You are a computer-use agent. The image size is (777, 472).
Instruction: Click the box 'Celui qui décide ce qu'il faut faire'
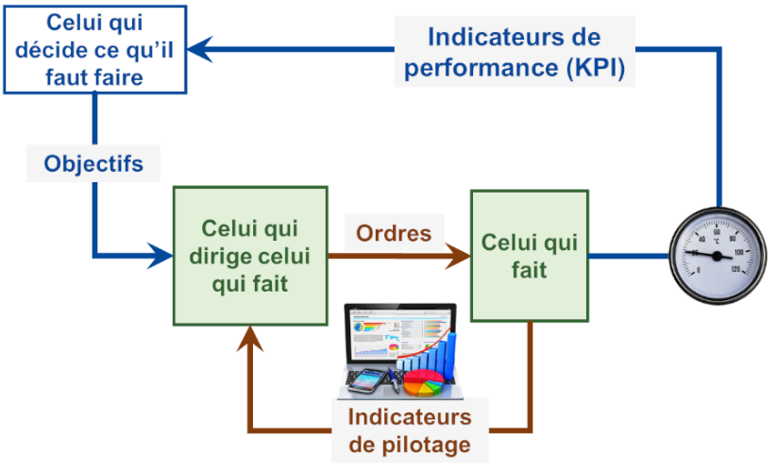click(x=95, y=49)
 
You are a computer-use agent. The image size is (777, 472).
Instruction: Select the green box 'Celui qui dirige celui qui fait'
click(x=250, y=256)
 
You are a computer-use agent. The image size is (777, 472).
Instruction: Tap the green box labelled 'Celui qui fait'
click(x=530, y=256)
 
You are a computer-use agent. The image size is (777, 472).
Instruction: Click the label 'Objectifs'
click(x=93, y=163)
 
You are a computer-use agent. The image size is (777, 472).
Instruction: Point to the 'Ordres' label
click(x=394, y=233)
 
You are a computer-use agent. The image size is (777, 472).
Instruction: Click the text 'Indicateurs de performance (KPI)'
click(x=515, y=52)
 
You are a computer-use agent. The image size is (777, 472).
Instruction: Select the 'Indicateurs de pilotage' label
click(x=410, y=430)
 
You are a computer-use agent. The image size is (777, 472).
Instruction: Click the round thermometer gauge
click(x=718, y=256)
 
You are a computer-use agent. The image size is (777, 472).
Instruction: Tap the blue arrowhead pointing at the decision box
click(x=200, y=49)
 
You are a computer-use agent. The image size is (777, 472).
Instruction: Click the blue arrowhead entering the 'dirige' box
click(x=160, y=256)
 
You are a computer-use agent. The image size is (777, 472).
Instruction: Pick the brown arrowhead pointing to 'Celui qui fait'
click(x=457, y=256)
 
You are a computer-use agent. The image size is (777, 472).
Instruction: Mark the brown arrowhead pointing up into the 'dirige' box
click(x=250, y=338)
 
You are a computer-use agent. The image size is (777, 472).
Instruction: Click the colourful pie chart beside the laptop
click(x=424, y=383)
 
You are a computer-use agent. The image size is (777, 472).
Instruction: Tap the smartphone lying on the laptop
click(x=366, y=380)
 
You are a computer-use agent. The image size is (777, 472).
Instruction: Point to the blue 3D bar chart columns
click(x=431, y=354)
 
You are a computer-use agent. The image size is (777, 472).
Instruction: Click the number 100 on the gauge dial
click(x=738, y=252)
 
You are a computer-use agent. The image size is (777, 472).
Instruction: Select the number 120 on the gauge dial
click(x=735, y=269)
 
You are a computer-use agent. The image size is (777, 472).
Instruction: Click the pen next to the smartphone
click(x=394, y=379)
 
